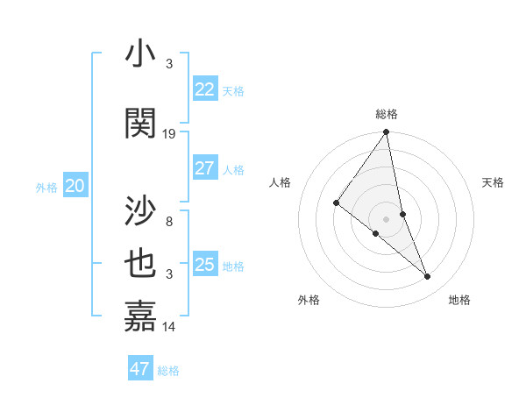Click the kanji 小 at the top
[x=140, y=55]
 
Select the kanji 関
[x=140, y=124]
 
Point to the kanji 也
[x=140, y=266]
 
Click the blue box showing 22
[x=205, y=89]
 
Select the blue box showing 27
[x=205, y=168]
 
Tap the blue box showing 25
[x=205, y=265]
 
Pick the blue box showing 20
[x=75, y=186]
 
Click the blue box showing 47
[x=140, y=369]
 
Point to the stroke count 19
[x=169, y=134]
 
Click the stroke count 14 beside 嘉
[x=169, y=327]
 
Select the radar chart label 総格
[x=387, y=114]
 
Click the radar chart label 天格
[x=494, y=182]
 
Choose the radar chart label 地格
[x=459, y=300]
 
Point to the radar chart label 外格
[x=309, y=300]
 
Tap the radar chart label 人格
[x=281, y=182]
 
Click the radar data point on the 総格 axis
[x=387, y=133]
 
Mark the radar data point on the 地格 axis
[x=428, y=277]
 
